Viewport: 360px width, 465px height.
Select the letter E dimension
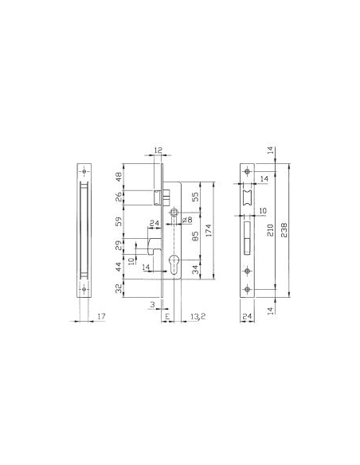pos(166,317)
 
